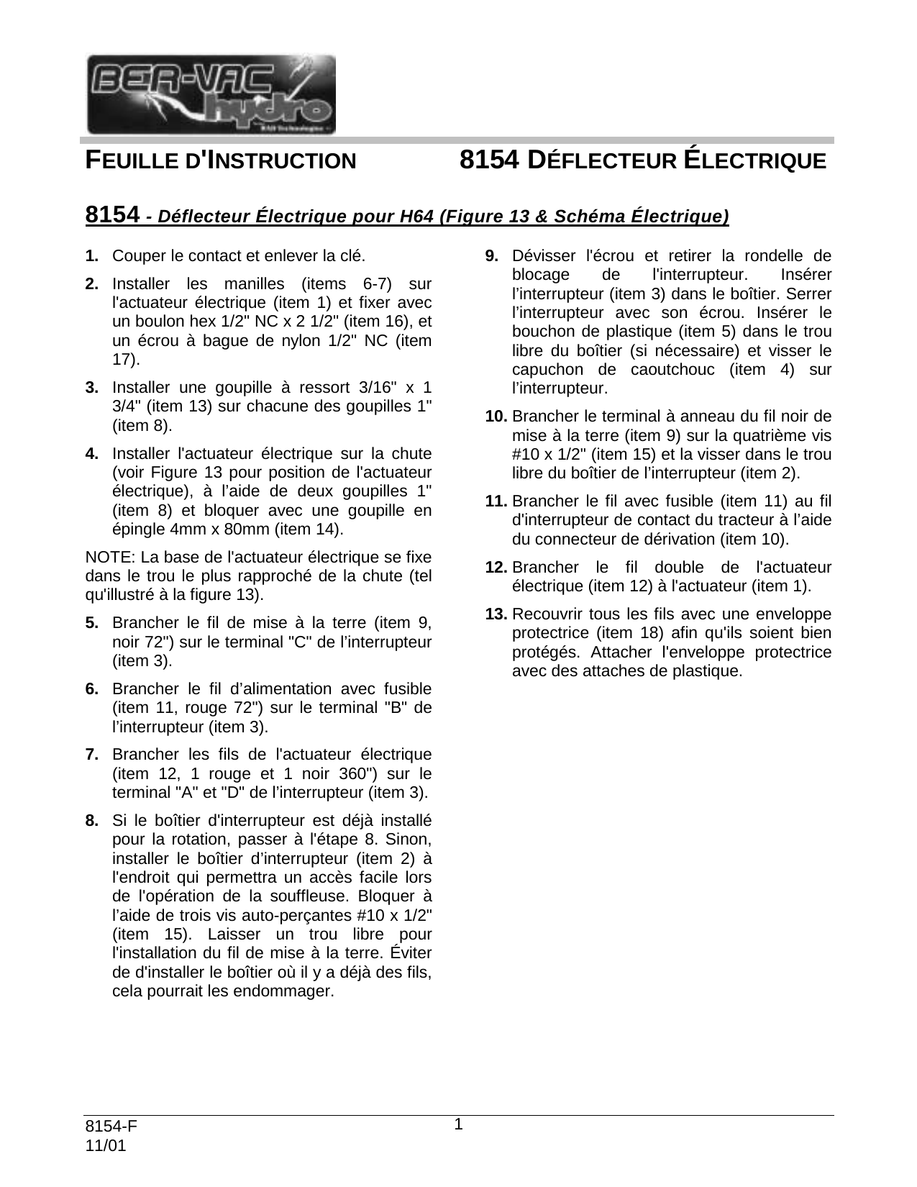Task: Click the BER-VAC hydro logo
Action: pos(211,94)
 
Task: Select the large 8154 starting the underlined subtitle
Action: pos(111,214)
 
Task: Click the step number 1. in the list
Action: pos(91,255)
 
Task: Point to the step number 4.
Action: pos(91,454)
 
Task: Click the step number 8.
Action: pos(91,821)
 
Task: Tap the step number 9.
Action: pos(492,255)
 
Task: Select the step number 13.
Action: pos(496,615)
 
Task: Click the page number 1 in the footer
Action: pos(458,1124)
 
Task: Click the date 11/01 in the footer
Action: pos(105,1146)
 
